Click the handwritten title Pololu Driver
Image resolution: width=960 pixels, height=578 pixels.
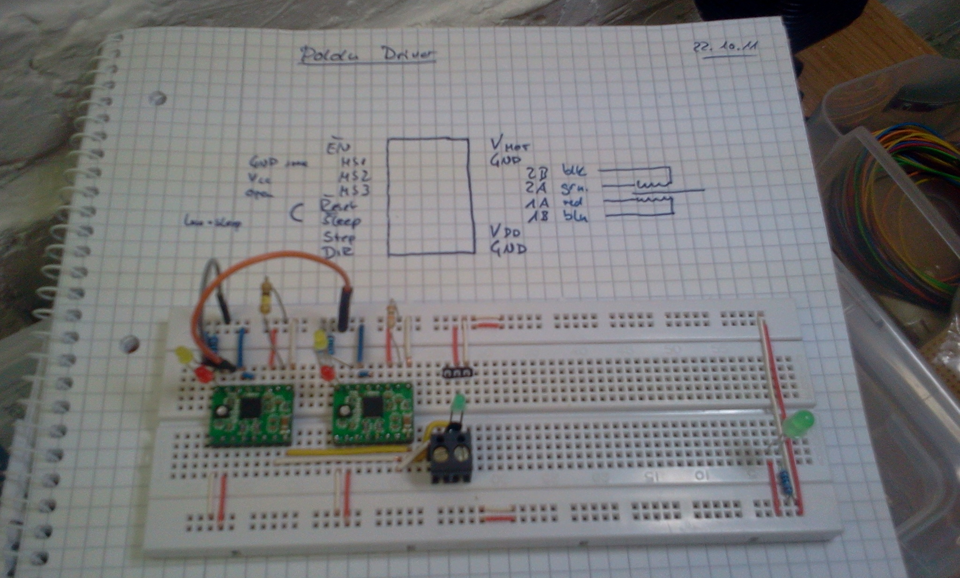pos(367,55)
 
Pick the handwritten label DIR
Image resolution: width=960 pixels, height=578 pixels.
pos(337,251)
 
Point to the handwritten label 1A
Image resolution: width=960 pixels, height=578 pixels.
pos(537,203)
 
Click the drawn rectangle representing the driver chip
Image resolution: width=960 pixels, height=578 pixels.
pos(430,197)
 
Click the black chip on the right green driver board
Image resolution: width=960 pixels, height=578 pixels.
pos(373,406)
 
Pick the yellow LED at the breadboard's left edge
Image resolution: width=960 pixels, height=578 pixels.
pos(184,355)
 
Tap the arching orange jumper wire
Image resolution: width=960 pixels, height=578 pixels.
pos(262,263)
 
